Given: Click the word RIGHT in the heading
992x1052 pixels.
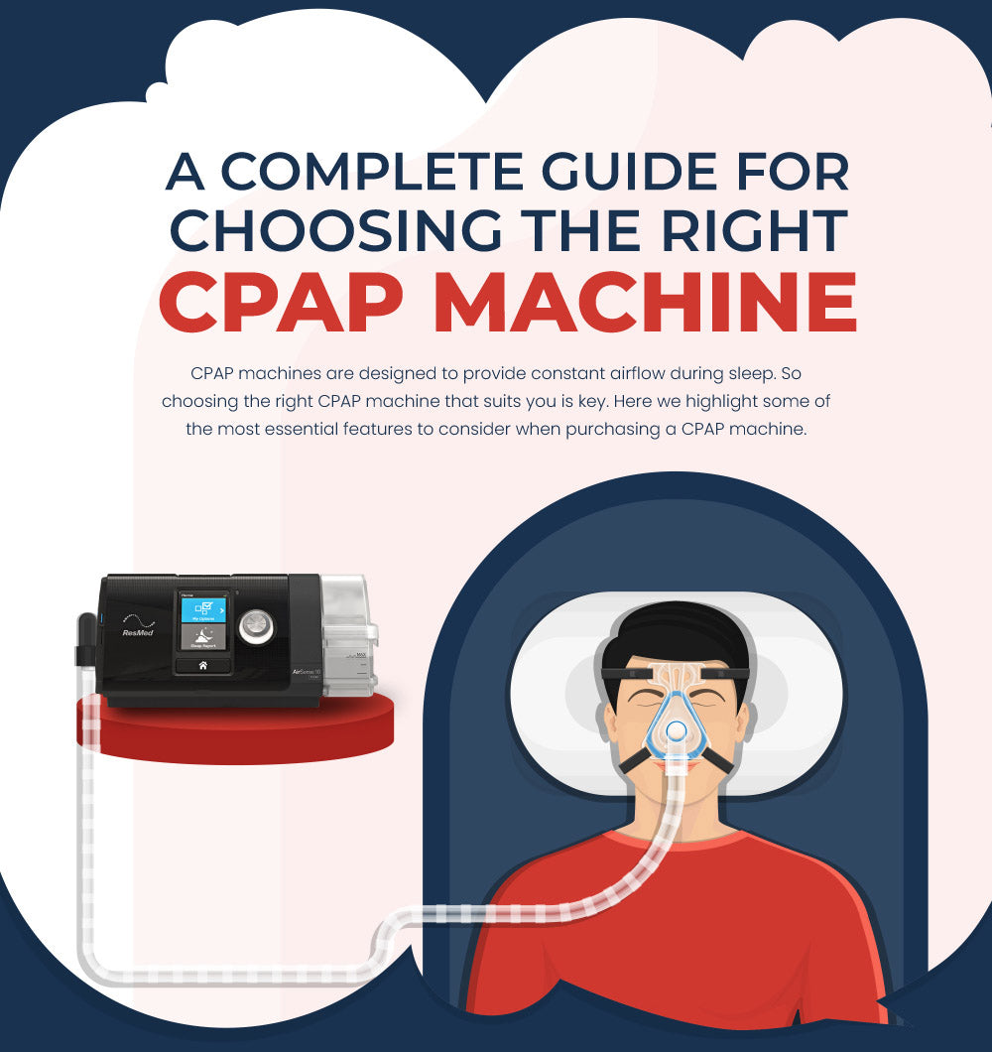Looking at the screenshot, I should click(x=753, y=231).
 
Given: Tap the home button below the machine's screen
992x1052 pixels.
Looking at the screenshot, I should click(x=203, y=665).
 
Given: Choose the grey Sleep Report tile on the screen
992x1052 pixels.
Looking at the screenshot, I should click(x=203, y=639).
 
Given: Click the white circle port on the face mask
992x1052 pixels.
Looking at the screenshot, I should click(x=675, y=731).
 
